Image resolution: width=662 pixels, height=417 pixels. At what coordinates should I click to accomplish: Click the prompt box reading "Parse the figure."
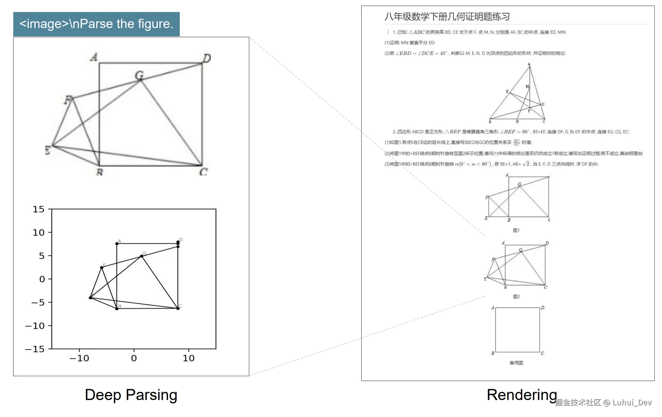(x=96, y=24)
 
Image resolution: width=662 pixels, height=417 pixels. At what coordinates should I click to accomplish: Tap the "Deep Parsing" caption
(x=131, y=395)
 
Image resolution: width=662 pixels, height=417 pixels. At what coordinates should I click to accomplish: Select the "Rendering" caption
(x=522, y=395)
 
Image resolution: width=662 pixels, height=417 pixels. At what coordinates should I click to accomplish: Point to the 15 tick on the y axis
(x=39, y=209)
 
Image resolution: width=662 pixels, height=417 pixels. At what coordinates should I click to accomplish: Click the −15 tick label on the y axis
(x=35, y=349)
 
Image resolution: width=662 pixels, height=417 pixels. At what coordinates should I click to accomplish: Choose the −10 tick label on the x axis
(x=79, y=358)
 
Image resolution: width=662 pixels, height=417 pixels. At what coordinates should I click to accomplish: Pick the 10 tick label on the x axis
(x=189, y=358)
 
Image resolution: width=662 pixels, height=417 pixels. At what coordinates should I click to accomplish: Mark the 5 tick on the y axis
(x=42, y=256)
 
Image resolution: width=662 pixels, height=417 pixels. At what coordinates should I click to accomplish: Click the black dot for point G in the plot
(x=142, y=256)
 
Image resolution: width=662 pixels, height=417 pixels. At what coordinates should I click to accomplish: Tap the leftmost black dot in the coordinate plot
(x=90, y=298)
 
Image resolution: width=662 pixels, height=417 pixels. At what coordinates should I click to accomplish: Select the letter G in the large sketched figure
(x=139, y=75)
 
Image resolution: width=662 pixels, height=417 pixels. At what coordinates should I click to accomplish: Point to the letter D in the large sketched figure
(x=207, y=58)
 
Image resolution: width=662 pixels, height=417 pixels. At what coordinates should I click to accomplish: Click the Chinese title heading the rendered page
(x=447, y=16)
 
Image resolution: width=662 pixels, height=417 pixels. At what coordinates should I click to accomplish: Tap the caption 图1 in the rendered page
(x=516, y=230)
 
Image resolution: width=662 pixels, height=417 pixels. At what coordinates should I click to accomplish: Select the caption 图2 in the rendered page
(x=516, y=297)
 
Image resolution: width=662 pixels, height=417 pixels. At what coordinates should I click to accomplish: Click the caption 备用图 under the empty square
(x=516, y=363)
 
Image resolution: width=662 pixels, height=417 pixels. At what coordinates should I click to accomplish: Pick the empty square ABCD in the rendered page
(x=517, y=330)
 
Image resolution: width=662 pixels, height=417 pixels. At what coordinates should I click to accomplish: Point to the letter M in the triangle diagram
(x=527, y=87)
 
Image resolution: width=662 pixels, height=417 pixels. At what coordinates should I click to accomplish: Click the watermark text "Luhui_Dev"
(x=632, y=403)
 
